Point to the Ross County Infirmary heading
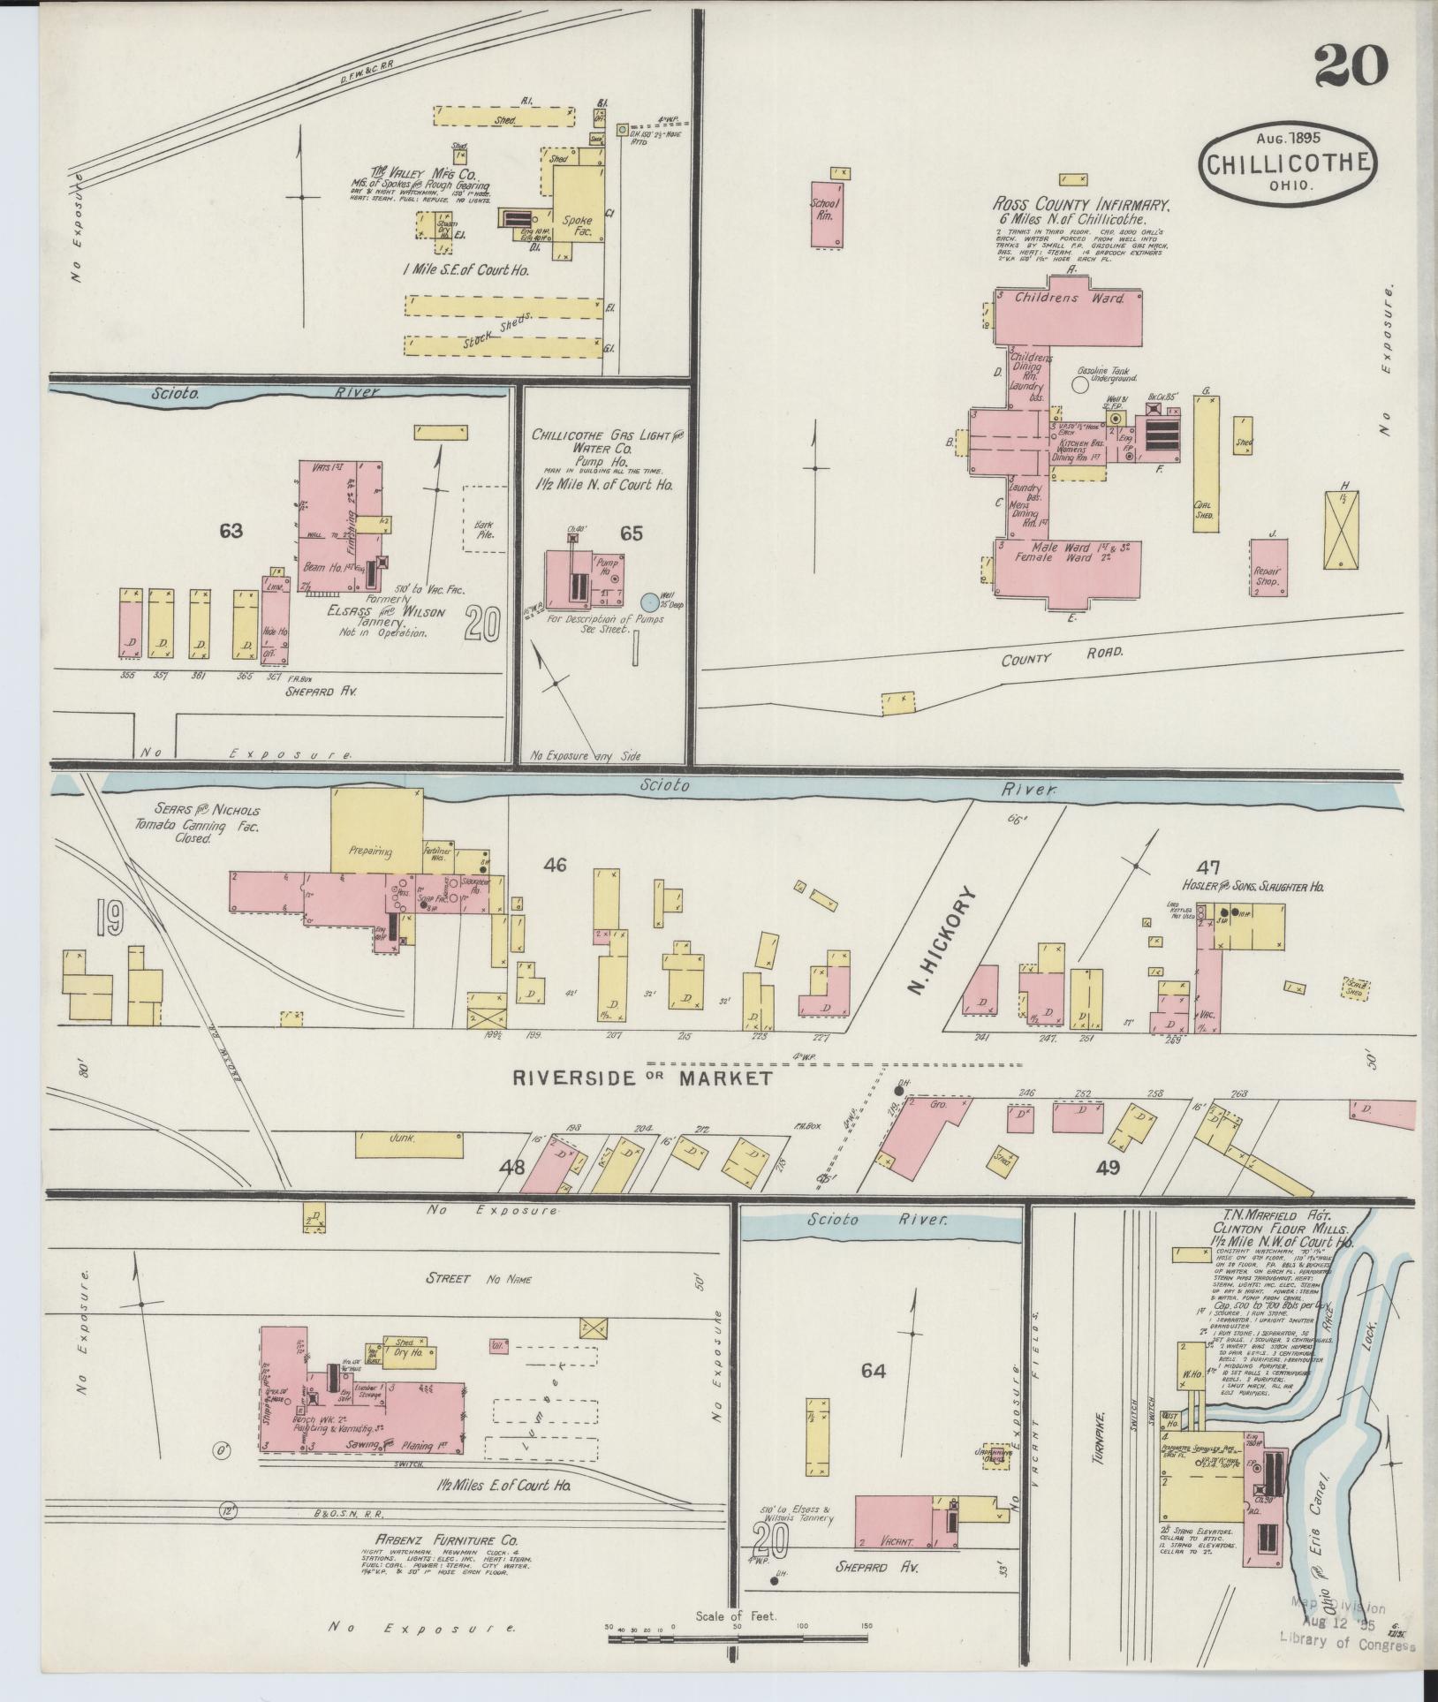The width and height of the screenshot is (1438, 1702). point(1080,204)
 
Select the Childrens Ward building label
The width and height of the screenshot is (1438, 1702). point(1069,299)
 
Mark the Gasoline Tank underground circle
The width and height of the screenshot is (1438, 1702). point(1080,383)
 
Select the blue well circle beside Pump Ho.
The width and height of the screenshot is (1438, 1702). point(650,601)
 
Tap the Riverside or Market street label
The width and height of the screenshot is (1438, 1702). point(643,1078)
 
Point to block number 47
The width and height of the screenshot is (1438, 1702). point(1208,866)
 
